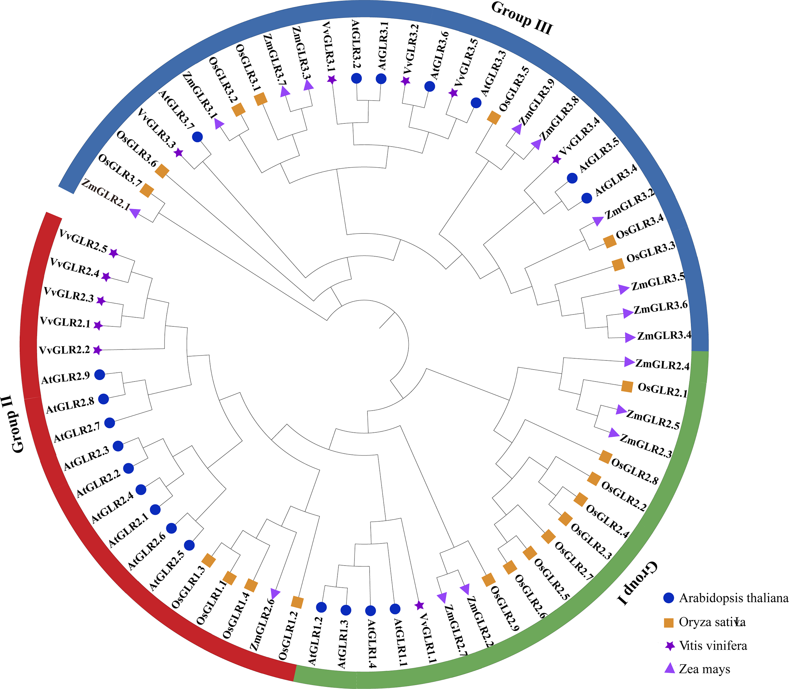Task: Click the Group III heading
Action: (x=522, y=18)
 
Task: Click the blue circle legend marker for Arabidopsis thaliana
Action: (x=669, y=598)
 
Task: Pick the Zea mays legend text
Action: (x=704, y=669)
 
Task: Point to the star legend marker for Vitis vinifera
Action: (x=670, y=646)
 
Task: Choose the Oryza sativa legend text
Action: (x=712, y=622)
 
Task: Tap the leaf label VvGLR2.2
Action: (x=64, y=350)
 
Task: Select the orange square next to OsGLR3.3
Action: (x=618, y=264)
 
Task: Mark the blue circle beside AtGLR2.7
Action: (x=109, y=423)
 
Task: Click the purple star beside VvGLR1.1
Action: (x=419, y=605)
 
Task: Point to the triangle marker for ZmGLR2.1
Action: (x=135, y=212)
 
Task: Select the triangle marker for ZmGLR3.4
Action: (x=629, y=338)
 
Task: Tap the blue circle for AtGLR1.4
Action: (x=370, y=610)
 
